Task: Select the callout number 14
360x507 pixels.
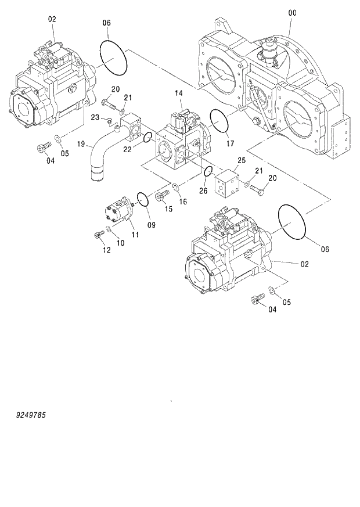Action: pos(179,93)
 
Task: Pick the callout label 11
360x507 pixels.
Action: pos(134,235)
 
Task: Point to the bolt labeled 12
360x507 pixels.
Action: pos(98,235)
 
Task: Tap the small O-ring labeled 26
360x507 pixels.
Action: pos(207,171)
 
